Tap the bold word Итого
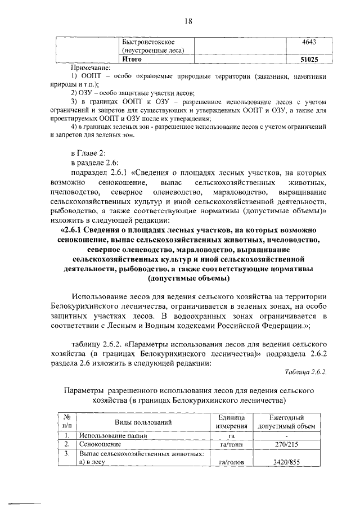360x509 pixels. coord(132,59)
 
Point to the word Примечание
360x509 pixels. coord(91,67)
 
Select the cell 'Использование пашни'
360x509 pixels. coord(113,435)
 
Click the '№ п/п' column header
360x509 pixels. coord(67,421)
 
